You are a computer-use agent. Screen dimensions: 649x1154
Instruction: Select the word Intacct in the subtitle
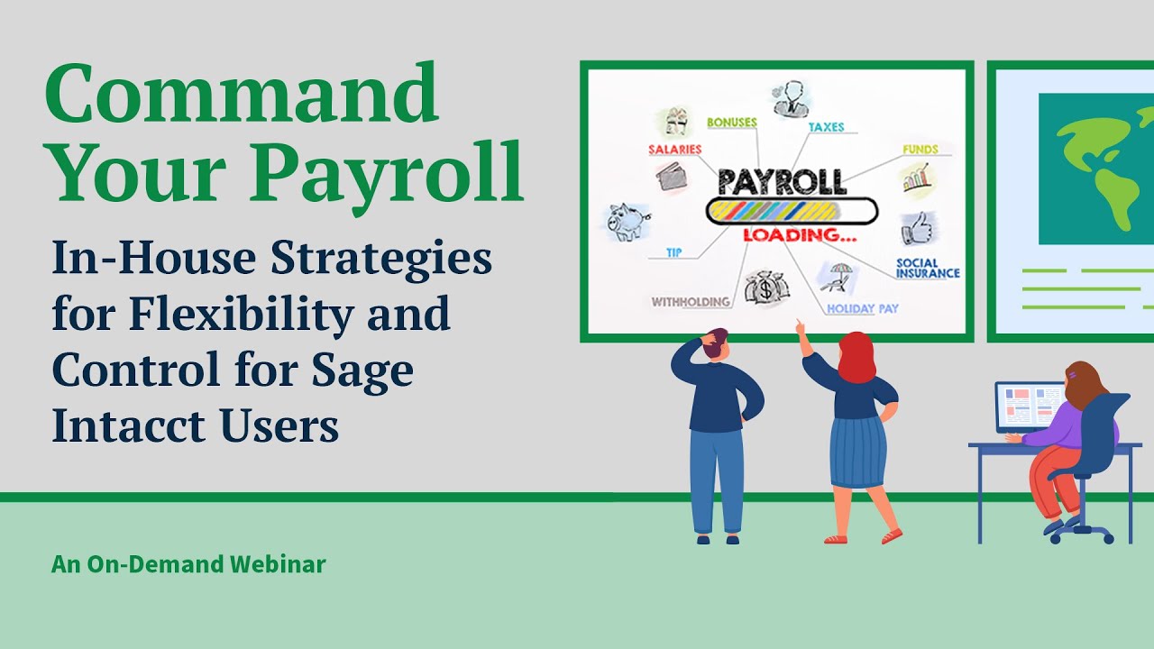(x=119, y=425)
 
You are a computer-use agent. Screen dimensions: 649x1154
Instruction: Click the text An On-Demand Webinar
(x=188, y=565)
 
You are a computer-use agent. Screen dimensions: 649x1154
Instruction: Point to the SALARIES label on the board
(x=674, y=149)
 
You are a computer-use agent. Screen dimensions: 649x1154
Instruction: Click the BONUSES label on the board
(x=731, y=122)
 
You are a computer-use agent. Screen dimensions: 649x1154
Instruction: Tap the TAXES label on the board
(x=826, y=127)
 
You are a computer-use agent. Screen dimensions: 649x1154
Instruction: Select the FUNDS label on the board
(x=920, y=149)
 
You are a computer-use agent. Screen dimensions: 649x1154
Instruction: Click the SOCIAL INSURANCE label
(x=928, y=268)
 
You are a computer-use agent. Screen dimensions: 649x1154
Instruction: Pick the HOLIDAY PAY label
(x=863, y=308)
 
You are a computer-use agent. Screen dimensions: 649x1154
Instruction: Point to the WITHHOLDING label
(x=691, y=302)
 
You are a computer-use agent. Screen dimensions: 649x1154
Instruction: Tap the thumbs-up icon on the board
(x=918, y=228)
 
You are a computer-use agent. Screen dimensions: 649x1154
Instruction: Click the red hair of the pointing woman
(x=856, y=357)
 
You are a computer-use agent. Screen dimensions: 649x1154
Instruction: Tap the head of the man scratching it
(x=717, y=343)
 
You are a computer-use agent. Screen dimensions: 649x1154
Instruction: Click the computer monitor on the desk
(x=1028, y=407)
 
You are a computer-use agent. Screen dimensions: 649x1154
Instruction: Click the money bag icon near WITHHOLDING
(x=766, y=288)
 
